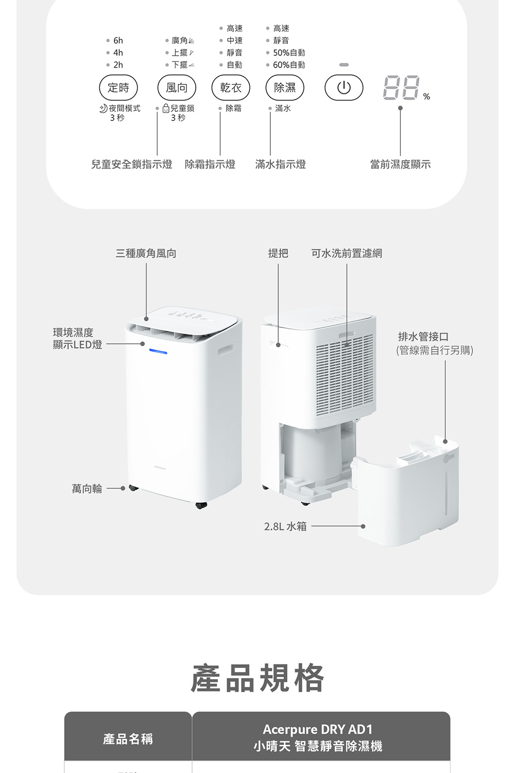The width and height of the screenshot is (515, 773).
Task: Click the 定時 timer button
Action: coord(118,88)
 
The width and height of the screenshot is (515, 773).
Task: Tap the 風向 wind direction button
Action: coord(177,88)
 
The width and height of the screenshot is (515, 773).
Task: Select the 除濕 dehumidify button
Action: coord(285,88)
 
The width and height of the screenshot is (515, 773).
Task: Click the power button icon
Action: coord(344,88)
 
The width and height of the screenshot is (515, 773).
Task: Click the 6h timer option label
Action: coord(118,40)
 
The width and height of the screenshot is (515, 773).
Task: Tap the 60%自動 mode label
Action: coord(289,65)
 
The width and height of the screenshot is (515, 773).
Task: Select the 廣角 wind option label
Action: coord(180,40)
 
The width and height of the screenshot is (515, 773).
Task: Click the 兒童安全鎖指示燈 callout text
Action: coord(132,164)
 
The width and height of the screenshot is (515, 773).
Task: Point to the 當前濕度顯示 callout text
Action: coord(400,164)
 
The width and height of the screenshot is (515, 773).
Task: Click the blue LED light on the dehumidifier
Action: coord(158,352)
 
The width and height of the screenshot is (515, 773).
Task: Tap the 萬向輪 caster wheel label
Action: coord(87,489)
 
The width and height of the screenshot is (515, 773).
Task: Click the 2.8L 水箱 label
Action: coord(285,526)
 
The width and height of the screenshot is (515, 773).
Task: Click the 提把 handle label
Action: coord(278,253)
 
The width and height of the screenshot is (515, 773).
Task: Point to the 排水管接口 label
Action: coord(423,337)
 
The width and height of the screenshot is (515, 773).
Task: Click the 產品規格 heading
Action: coord(257,678)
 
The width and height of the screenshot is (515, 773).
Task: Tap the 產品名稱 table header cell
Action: coord(128,739)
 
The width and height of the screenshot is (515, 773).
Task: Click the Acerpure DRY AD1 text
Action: coord(317,729)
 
